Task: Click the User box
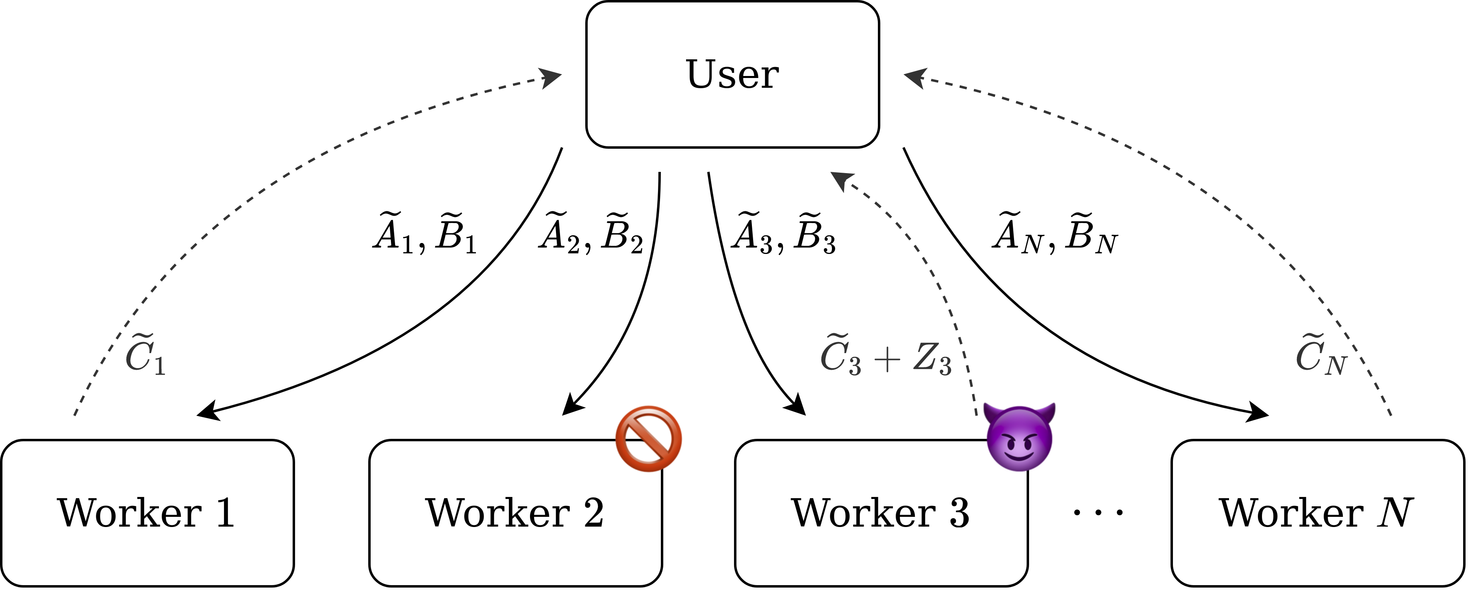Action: (732, 74)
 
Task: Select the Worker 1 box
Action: (147, 512)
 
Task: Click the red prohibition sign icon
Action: (649, 438)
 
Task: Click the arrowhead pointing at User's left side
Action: (550, 78)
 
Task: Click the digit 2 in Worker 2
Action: (593, 512)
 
